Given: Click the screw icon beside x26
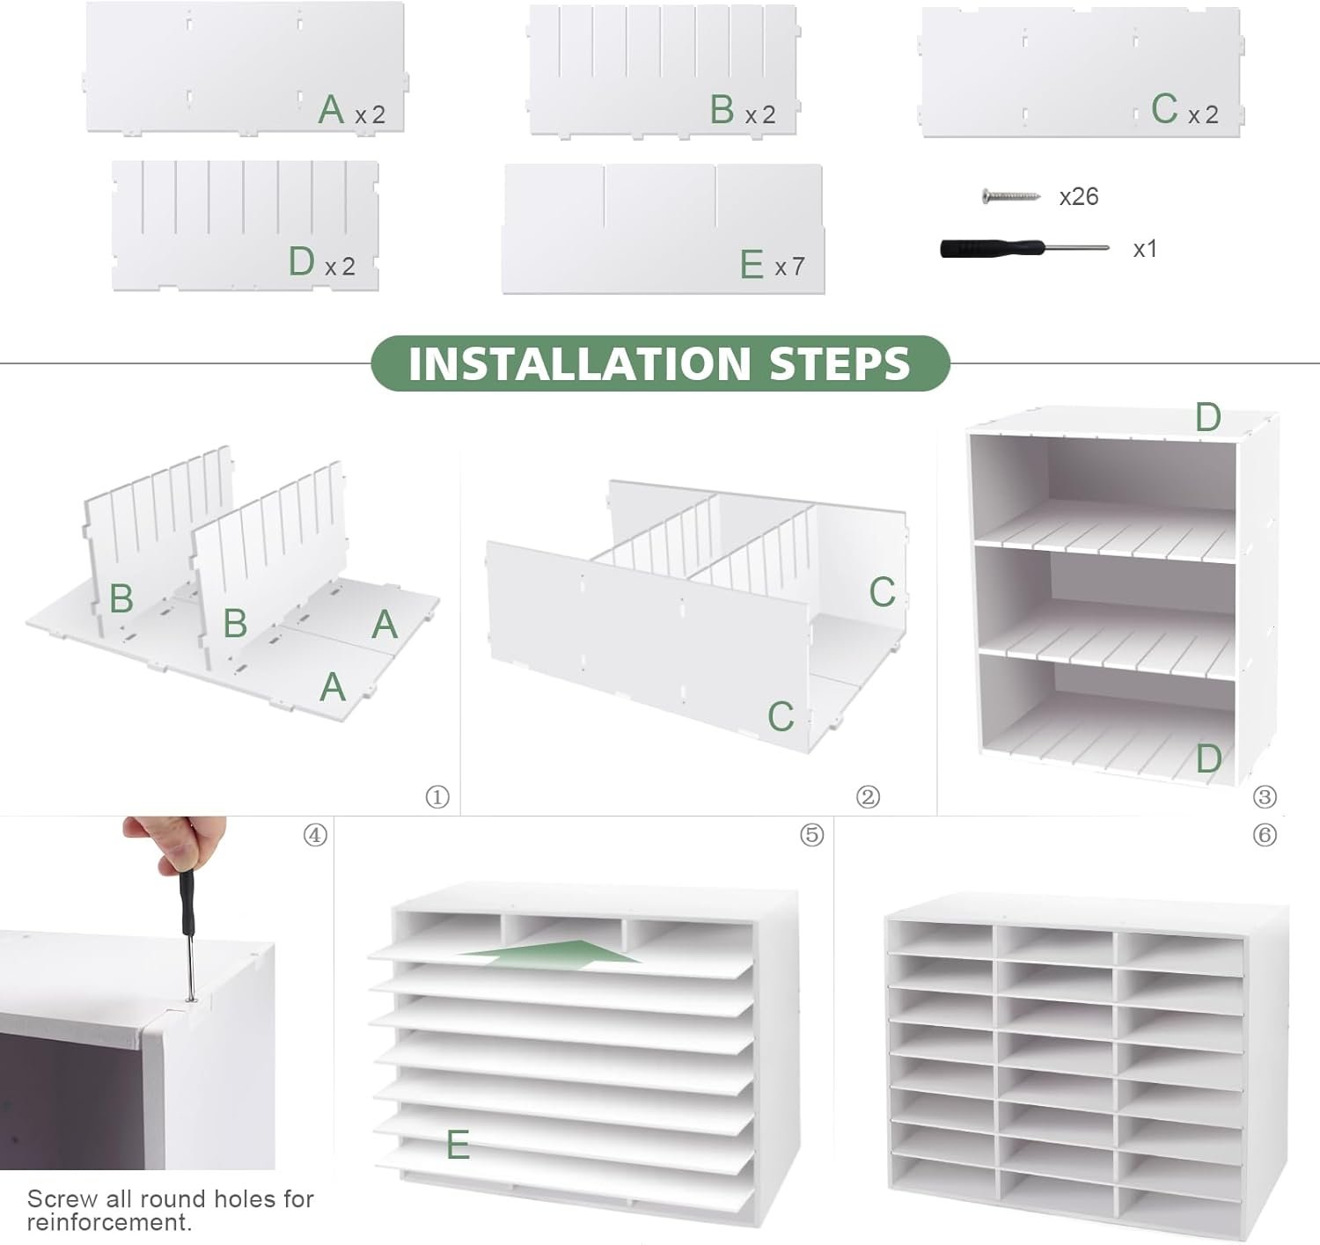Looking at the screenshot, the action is point(1010,196).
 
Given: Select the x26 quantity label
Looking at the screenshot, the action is point(1079,197).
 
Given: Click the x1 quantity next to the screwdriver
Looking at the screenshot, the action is point(1145,249).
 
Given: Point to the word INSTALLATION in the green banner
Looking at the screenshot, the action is point(580,363).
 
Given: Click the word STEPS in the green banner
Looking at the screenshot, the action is point(840,363).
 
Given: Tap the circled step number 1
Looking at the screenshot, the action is point(437,796).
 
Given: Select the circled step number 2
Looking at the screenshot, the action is point(868,796).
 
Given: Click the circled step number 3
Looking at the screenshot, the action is point(1265,796).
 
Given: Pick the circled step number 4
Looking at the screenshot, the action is point(315,835).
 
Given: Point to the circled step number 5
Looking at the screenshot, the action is point(811,835).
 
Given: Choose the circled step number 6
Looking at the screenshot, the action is point(1265,835).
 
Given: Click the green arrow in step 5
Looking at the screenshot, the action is point(551,953).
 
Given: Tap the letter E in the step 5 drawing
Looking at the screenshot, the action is point(458,1144).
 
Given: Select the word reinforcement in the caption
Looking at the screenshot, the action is point(106,1222).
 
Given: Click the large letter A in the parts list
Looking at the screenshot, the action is point(331,109).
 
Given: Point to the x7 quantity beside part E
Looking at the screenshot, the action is point(789,267).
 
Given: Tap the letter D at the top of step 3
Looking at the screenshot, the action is point(1207,417).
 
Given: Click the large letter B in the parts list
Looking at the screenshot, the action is point(722,109).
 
